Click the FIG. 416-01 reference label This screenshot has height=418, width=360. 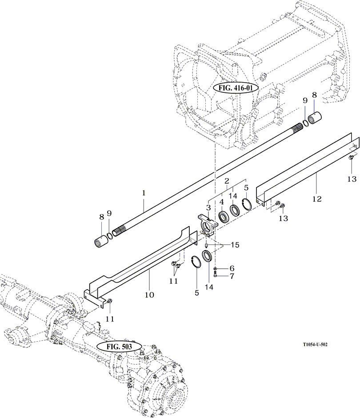[x=236, y=88]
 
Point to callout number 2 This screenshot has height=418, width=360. [x=226, y=181]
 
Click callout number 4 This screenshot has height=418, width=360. [x=221, y=203]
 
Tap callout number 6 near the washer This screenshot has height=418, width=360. [x=231, y=268]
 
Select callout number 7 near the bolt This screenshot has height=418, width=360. [x=231, y=276]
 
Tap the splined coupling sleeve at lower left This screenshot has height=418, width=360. [x=103, y=242]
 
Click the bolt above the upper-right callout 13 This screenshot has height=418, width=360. [x=351, y=157]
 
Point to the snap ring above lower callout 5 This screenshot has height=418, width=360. [x=195, y=262]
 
